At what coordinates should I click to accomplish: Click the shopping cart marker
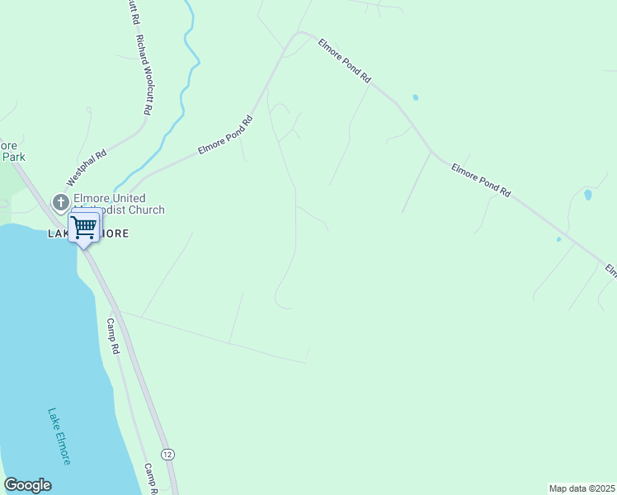tap(84, 226)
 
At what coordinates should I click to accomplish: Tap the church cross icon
tap(60, 201)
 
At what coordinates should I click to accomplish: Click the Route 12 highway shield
tap(167, 455)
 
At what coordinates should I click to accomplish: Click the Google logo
tap(27, 485)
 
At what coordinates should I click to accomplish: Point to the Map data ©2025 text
tap(582, 488)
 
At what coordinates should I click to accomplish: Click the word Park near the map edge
tap(13, 156)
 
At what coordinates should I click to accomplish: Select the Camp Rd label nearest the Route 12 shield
tap(151, 478)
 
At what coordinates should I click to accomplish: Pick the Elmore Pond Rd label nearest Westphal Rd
tap(224, 135)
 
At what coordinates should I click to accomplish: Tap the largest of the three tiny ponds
tap(587, 196)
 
